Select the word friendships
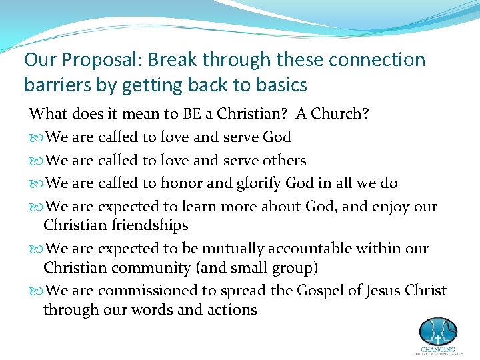coord(151,226)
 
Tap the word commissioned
coord(151,291)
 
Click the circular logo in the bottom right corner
coord(437,331)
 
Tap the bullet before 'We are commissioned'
coord(35,291)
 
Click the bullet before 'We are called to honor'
coord(35,184)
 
